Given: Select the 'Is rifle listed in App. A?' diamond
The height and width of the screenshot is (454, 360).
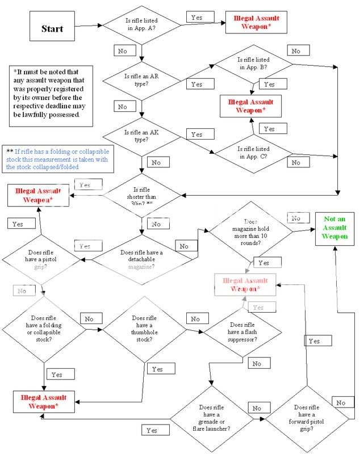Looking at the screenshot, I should tap(140, 26).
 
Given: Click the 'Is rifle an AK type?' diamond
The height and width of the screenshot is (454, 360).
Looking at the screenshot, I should tap(140, 136).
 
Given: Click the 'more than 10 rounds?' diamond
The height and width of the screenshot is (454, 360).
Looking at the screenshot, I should tap(250, 232).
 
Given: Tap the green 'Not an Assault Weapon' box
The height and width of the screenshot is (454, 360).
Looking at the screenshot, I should tap(336, 228).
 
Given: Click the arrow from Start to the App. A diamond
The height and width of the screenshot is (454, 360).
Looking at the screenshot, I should tap(88, 26).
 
